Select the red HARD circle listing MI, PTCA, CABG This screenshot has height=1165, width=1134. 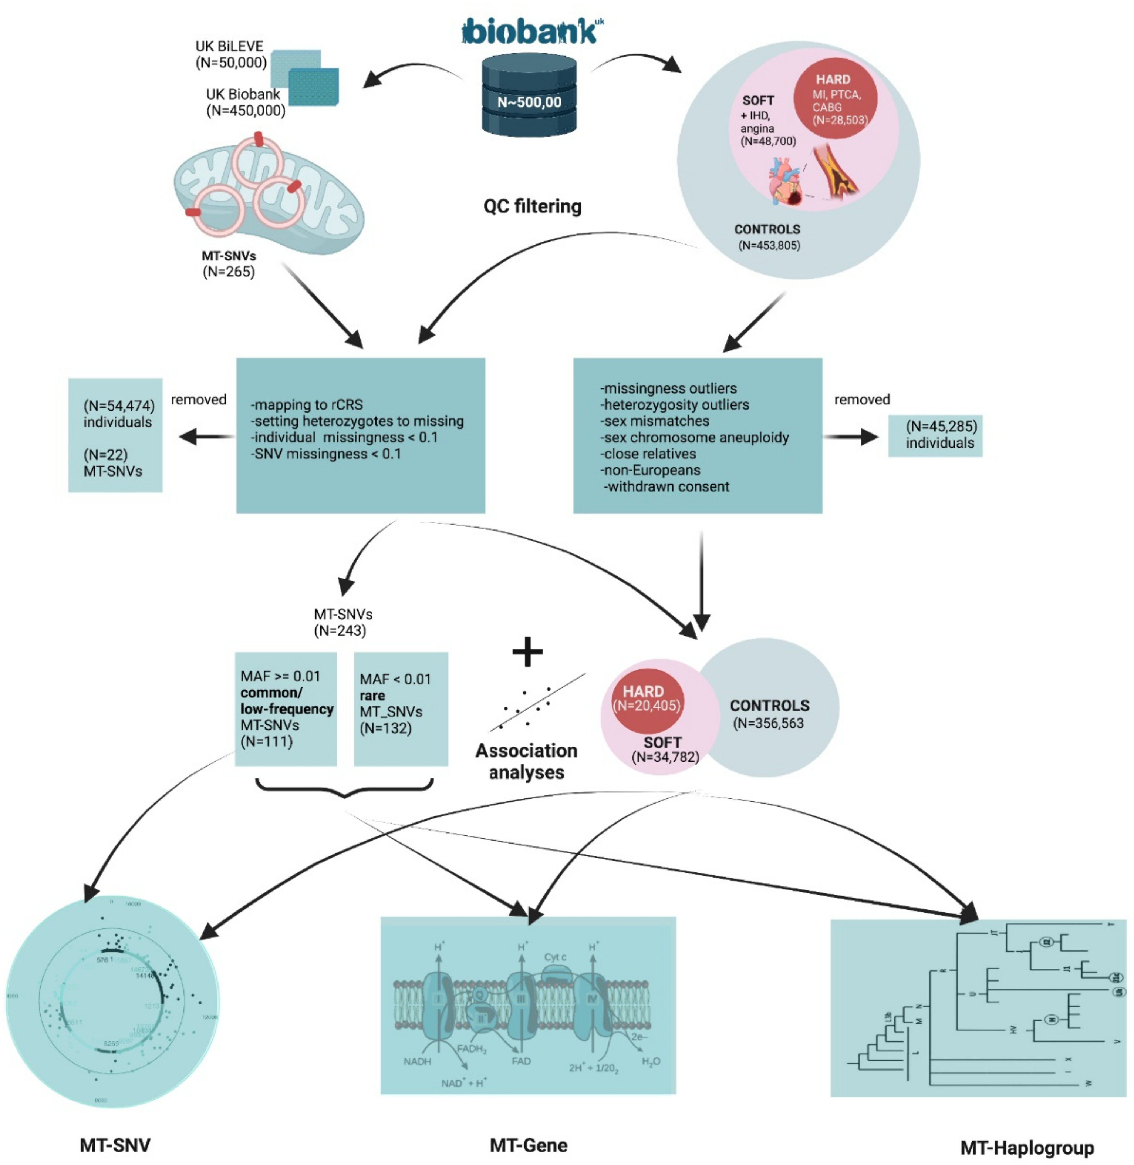tap(836, 99)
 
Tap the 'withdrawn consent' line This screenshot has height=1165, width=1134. tap(667, 486)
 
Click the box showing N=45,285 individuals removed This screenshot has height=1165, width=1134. tap(935, 435)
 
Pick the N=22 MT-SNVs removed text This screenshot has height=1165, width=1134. tap(113, 463)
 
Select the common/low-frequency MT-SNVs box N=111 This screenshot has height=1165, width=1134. tap(286, 709)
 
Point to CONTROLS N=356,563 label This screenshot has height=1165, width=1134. tap(769, 714)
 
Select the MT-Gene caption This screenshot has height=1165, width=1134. tap(528, 1144)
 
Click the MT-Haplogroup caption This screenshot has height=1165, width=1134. tap(1027, 1147)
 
